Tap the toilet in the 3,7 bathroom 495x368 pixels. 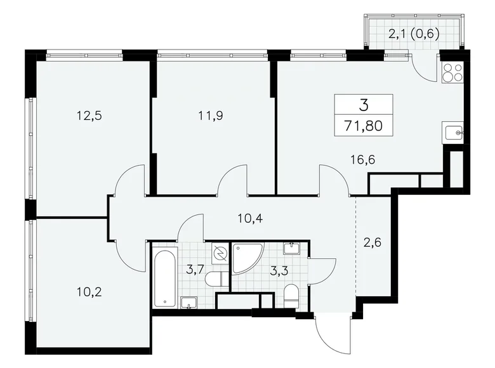tap(214, 279)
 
